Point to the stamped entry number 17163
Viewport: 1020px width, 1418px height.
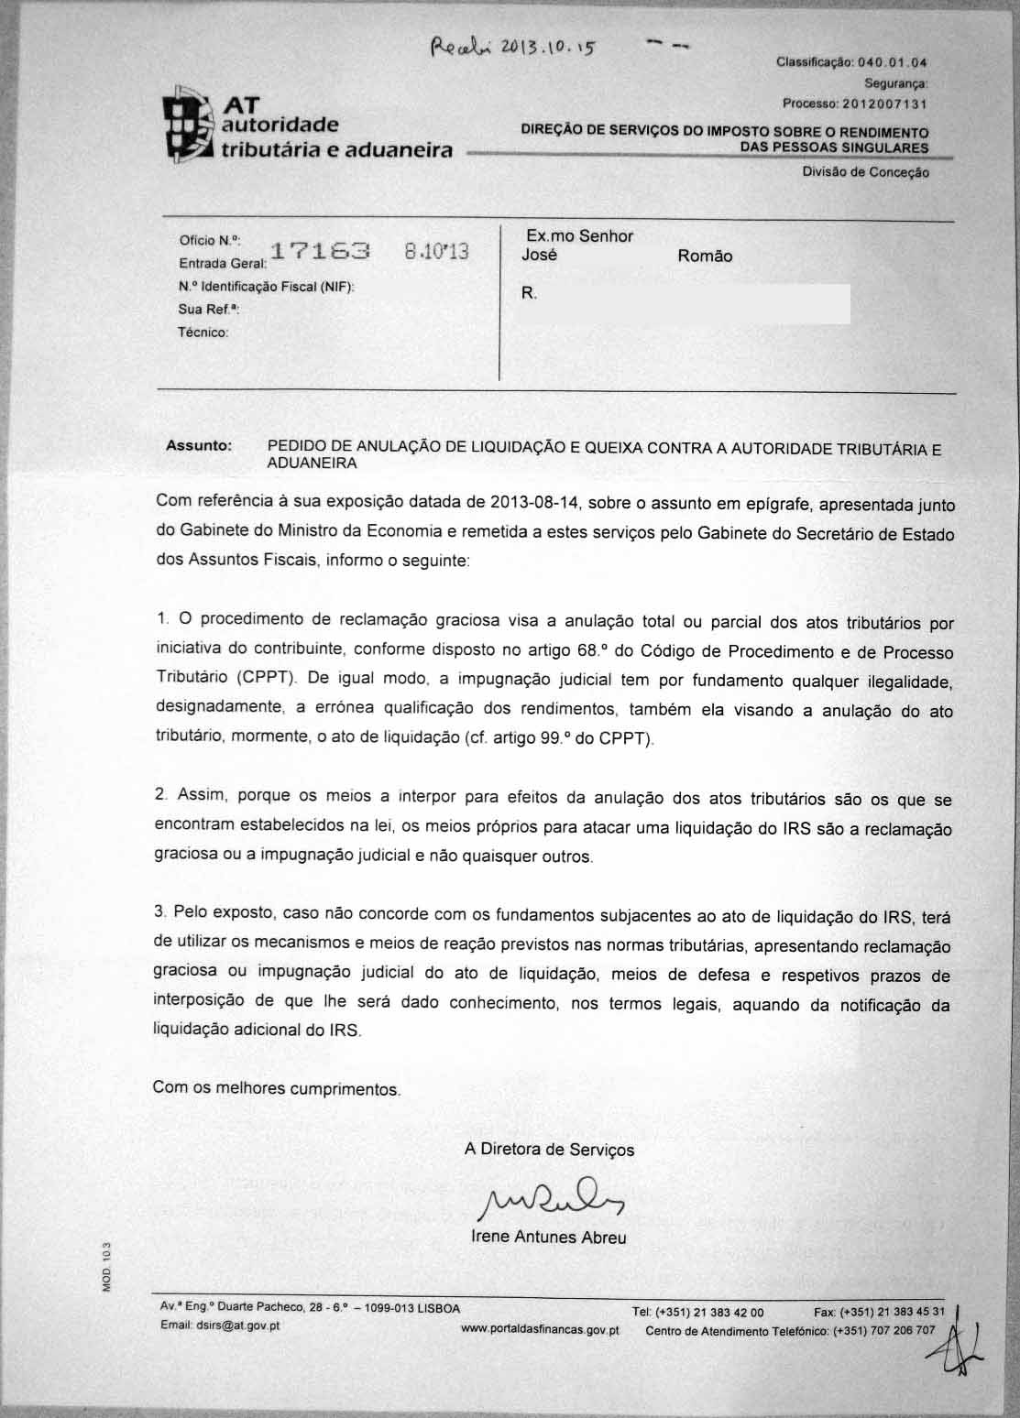(x=321, y=251)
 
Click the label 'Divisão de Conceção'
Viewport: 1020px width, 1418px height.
(x=865, y=172)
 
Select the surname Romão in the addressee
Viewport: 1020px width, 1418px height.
(x=705, y=256)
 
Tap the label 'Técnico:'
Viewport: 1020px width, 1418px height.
(x=203, y=333)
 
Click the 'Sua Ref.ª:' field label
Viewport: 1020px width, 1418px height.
(x=208, y=310)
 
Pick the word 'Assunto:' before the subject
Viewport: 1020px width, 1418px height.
(x=199, y=445)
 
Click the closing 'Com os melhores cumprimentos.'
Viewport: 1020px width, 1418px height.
(x=276, y=1088)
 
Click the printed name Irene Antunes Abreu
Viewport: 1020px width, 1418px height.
(x=548, y=1237)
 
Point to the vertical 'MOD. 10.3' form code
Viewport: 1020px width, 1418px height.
(x=106, y=1267)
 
